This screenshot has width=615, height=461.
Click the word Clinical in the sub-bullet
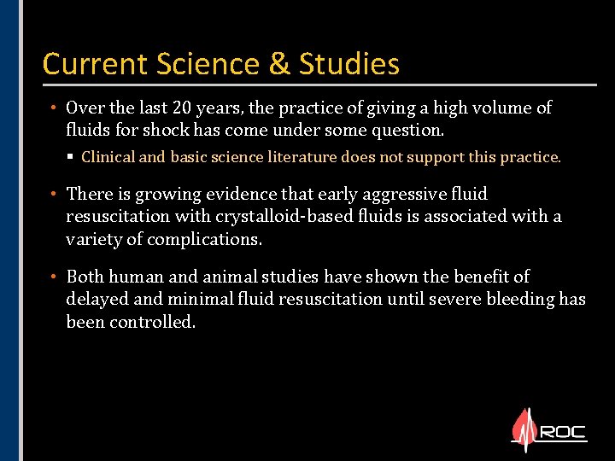tap(108, 157)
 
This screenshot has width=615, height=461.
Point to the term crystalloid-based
tap(272, 216)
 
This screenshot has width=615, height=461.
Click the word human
tap(135, 277)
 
